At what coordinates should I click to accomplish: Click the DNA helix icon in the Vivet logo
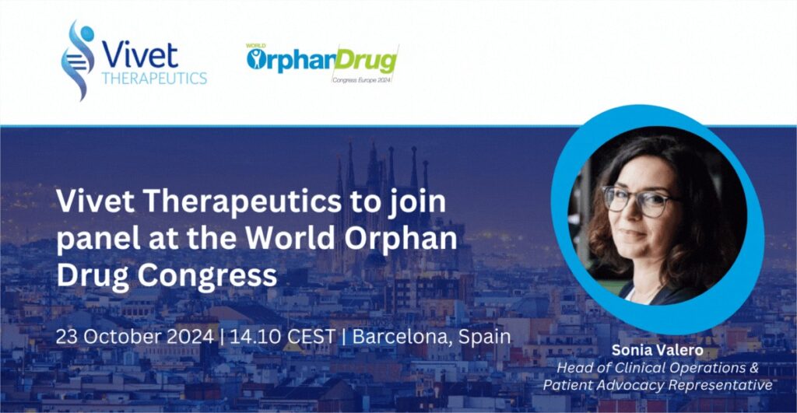(x=78, y=60)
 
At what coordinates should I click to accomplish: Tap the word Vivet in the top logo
(x=140, y=55)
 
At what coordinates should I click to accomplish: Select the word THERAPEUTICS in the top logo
(x=154, y=79)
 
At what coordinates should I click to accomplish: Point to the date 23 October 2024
(x=135, y=336)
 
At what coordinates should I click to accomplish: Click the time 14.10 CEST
(x=283, y=336)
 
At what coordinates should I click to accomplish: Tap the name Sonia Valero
(x=657, y=350)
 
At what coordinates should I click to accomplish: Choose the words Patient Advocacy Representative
(x=658, y=385)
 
